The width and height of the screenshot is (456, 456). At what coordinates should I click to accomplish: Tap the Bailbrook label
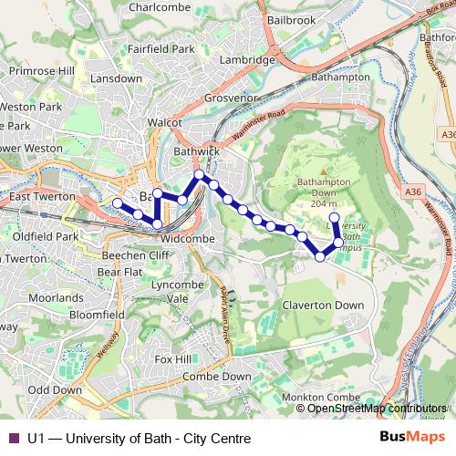[x=291, y=19]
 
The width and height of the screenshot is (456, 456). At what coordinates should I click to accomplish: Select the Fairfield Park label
[x=161, y=47]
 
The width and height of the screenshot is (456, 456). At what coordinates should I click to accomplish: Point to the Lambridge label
[x=246, y=60]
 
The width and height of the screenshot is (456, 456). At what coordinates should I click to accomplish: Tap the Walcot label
[x=166, y=121]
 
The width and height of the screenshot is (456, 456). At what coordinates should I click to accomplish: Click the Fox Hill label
[x=173, y=359]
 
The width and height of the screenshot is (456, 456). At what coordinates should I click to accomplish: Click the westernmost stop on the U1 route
[x=117, y=203]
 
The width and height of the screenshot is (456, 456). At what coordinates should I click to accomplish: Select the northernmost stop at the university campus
[x=335, y=217]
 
